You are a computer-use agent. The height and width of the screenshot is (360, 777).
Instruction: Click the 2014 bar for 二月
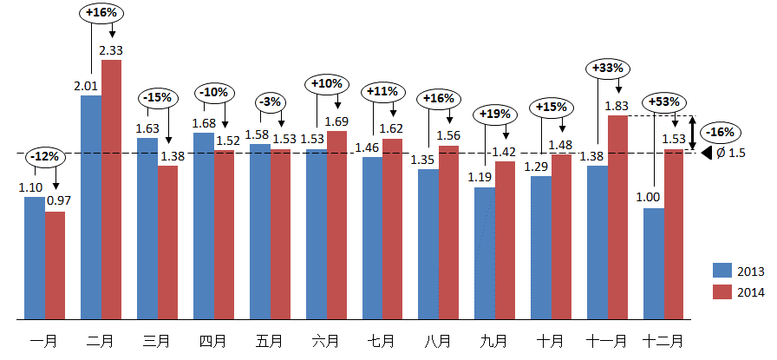pos(112,189)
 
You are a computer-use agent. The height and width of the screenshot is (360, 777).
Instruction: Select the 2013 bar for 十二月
pos(654,263)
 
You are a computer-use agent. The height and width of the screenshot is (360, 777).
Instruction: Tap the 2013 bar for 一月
pos(35,257)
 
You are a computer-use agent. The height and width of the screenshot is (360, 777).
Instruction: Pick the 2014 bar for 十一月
pos(618,216)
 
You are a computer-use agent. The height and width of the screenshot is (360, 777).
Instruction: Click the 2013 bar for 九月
pos(485,252)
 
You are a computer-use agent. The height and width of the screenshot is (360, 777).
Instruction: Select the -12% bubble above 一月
pos(43,157)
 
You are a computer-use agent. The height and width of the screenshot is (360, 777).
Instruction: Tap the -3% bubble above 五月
pos(271,101)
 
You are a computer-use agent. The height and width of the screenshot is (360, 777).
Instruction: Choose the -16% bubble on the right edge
pos(721,133)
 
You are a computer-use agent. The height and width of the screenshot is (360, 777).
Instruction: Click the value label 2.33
pos(111,51)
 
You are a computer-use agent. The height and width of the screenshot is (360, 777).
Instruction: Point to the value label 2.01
pos(86,86)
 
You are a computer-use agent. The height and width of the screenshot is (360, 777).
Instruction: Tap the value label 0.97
pos(59,201)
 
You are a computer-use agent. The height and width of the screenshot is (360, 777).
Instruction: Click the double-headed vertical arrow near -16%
pos(691,133)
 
